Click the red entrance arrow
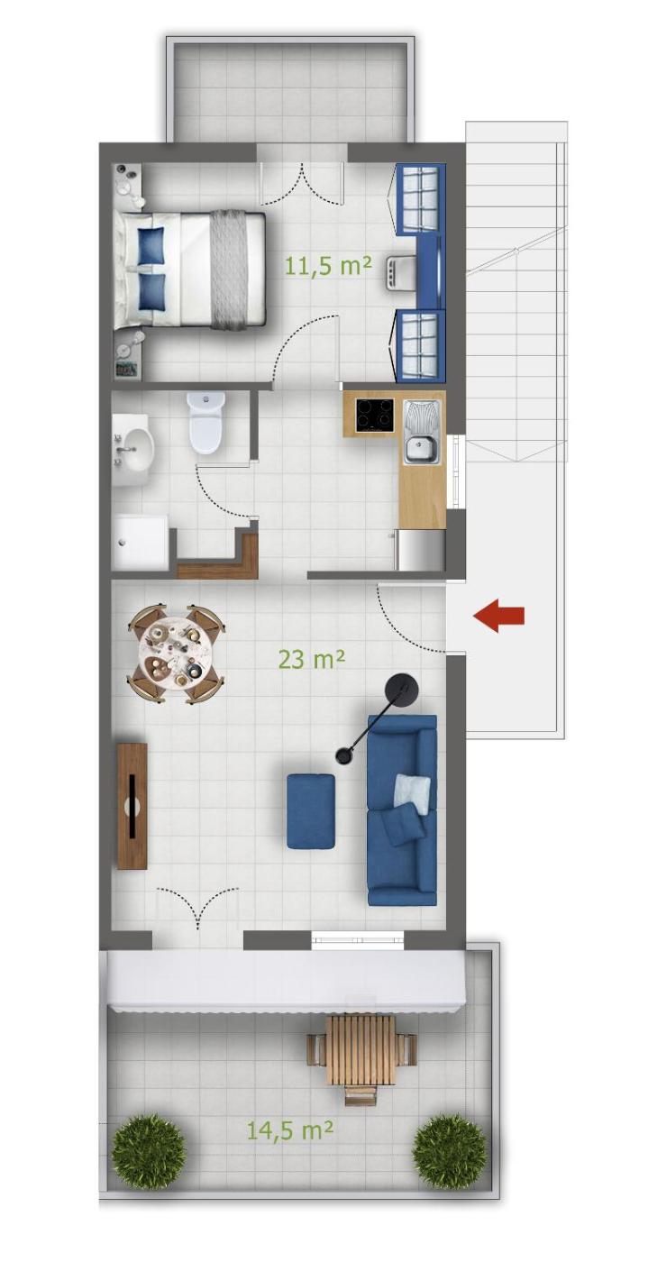[x=498, y=615]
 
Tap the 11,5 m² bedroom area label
[x=329, y=265]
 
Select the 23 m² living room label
[x=312, y=659]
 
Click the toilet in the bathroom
[x=206, y=423]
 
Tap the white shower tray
[x=140, y=541]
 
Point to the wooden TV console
[x=132, y=806]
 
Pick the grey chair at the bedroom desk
[x=401, y=272]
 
